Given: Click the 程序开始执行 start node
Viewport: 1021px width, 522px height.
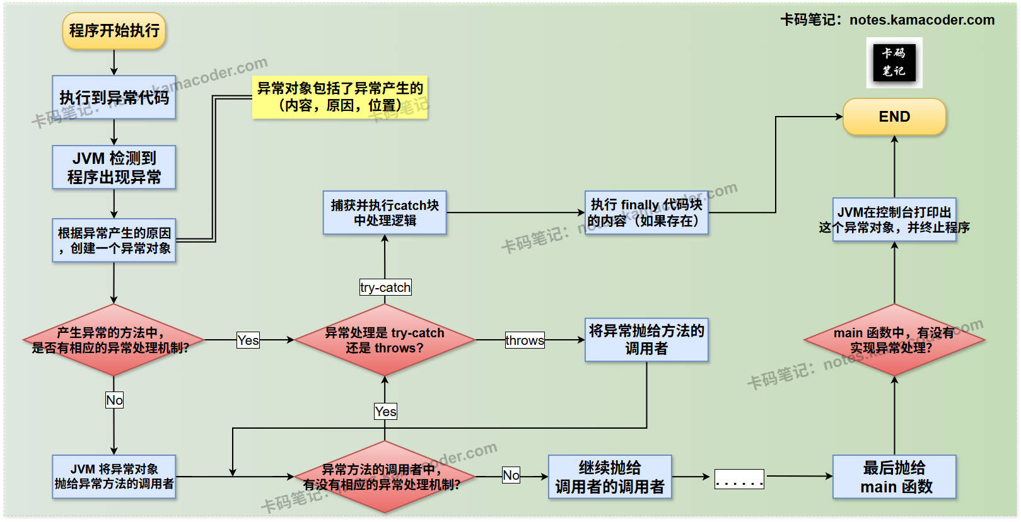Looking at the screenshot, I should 114,31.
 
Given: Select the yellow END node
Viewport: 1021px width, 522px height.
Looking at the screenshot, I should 894,117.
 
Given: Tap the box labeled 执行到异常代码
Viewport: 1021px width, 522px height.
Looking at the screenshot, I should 114,97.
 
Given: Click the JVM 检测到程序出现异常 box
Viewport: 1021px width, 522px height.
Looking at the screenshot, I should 114,167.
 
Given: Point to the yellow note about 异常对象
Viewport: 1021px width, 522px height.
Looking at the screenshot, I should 340,97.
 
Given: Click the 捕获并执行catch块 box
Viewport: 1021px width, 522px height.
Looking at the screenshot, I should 385,212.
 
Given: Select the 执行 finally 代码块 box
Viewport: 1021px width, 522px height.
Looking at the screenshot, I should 646,212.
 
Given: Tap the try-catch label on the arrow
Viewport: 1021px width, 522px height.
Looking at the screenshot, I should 385,287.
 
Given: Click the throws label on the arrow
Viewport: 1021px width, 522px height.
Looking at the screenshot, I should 525,340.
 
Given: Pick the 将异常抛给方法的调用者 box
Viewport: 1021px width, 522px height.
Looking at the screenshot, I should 646,340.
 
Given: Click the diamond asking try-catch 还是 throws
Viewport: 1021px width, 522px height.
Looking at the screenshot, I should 385,340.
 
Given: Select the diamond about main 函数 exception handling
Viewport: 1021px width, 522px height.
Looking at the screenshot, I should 894,340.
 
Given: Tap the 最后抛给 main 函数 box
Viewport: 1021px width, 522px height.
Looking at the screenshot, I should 894,477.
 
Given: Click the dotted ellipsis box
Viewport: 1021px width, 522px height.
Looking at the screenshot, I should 739,479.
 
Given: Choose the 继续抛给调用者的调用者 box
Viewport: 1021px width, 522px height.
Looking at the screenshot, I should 610,477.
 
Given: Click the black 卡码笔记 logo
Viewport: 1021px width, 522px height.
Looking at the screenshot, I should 894,62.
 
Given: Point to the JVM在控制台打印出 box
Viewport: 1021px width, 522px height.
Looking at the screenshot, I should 894,219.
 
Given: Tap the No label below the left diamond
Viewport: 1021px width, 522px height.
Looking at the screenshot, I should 114,400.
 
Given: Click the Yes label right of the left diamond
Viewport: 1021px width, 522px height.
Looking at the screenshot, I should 248,340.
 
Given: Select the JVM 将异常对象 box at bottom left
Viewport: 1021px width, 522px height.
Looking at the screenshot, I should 114,477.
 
